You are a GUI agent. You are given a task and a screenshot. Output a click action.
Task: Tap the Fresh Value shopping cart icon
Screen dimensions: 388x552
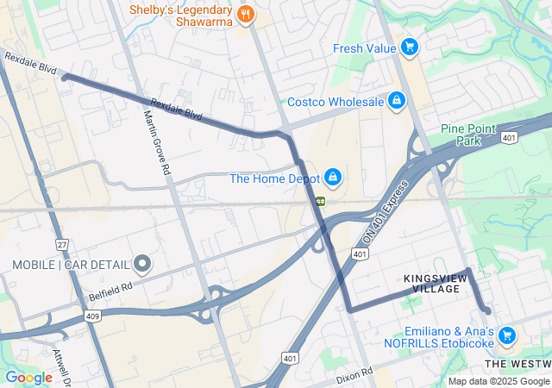coord(410,47)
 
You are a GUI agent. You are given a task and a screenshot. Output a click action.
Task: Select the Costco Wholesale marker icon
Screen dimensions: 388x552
coord(396,102)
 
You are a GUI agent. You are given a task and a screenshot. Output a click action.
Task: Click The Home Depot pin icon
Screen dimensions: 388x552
coord(331,178)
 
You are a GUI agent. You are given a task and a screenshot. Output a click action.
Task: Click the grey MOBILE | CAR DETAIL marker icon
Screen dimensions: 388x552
coord(142,264)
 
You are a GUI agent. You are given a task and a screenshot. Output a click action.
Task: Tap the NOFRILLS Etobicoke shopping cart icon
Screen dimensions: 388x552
coord(506,335)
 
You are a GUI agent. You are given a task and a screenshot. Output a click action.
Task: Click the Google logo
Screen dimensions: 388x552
coord(28,378)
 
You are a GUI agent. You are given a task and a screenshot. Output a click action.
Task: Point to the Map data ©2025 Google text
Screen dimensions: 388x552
coord(499,381)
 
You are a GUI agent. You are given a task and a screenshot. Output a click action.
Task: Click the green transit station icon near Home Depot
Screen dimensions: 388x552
coord(321,201)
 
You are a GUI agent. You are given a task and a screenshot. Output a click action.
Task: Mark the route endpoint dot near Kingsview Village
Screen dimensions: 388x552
coord(487,310)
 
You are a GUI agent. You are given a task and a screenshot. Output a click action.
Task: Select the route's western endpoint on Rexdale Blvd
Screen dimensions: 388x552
coord(65,78)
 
